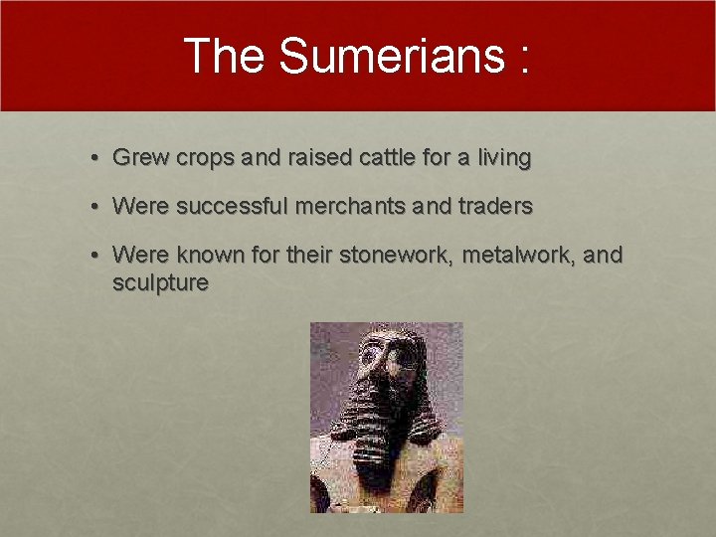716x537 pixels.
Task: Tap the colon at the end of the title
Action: (x=521, y=60)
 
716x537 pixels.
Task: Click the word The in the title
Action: (x=226, y=57)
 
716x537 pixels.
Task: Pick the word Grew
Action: (x=138, y=157)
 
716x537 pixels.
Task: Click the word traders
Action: (x=495, y=207)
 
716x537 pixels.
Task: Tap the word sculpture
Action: (x=160, y=283)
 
